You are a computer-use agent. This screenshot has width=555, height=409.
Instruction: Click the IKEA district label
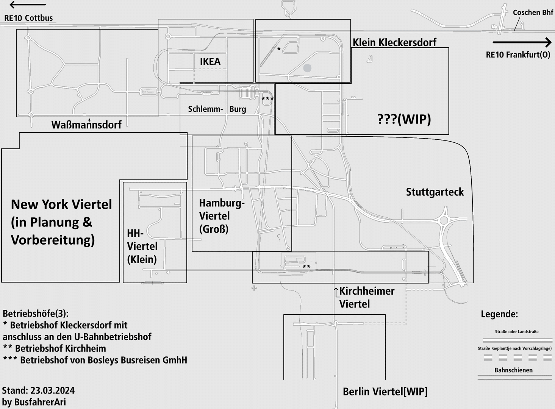[x=210, y=61]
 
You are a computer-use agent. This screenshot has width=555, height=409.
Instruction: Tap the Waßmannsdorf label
[x=86, y=125]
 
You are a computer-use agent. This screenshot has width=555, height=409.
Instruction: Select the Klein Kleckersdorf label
[x=394, y=42]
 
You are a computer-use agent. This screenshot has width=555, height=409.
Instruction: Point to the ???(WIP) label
[x=404, y=119]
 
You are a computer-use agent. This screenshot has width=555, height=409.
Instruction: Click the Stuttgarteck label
[x=435, y=192]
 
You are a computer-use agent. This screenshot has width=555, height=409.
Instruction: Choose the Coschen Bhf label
[x=533, y=12]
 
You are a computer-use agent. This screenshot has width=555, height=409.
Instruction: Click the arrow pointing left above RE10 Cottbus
[x=27, y=5]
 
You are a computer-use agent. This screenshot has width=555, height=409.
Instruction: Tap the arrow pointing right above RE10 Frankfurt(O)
[x=522, y=42]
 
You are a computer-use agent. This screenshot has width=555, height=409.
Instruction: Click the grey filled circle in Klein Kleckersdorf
[x=307, y=68]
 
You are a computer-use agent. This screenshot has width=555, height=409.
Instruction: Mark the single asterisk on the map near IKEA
[x=279, y=49]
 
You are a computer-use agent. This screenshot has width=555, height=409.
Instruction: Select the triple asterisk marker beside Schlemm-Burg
[x=267, y=99]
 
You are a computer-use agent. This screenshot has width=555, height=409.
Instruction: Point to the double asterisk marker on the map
[x=306, y=267]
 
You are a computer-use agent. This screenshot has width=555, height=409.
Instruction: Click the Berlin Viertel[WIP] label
[x=385, y=392]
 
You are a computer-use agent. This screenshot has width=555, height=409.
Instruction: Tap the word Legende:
[x=499, y=314]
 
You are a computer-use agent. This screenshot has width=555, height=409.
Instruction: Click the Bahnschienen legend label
[x=513, y=370]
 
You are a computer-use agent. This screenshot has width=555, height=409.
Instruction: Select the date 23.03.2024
[x=52, y=390]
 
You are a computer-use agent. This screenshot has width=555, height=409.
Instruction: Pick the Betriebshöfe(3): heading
[x=36, y=314]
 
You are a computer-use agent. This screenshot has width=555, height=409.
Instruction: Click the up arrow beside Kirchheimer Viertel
[x=336, y=292]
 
